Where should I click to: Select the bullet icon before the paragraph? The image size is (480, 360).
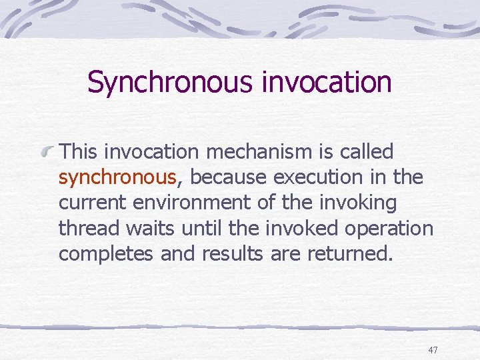tap(49, 153)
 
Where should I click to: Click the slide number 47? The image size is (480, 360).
tap(433, 350)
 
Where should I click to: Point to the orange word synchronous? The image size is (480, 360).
tap(117, 178)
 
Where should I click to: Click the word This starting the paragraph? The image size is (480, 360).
tap(80, 152)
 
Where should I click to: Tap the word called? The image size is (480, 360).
tap(367, 152)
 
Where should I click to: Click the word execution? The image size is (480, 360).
tap(308, 178)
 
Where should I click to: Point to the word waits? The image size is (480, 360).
tap(137, 229)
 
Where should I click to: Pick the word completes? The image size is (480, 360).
tap(107, 254)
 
